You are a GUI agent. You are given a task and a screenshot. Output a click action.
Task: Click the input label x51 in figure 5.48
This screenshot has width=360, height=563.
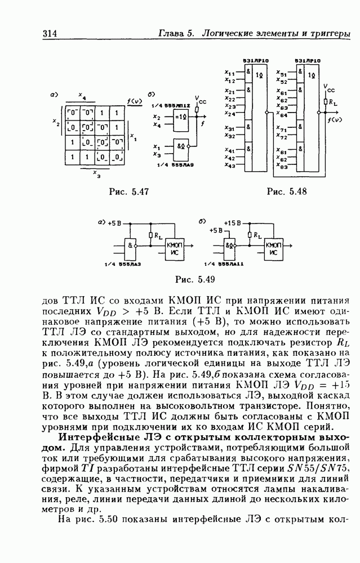282,73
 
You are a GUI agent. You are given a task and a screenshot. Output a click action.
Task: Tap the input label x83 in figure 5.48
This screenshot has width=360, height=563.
282,167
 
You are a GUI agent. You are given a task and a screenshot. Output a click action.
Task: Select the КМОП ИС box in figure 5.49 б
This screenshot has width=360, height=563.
275,248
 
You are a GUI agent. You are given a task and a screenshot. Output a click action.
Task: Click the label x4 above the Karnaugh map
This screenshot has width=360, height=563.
82,96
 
